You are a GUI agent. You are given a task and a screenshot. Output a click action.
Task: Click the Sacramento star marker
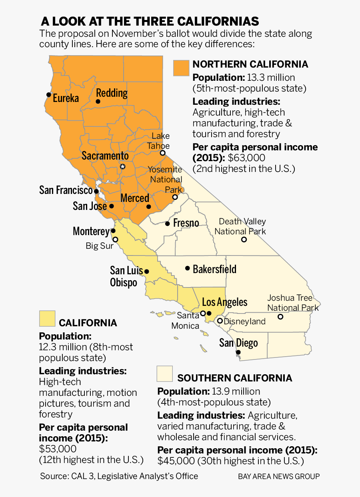pos(123,166)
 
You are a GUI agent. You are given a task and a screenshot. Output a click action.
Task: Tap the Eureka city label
pos(66,98)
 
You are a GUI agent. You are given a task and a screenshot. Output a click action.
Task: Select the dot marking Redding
pos(98,102)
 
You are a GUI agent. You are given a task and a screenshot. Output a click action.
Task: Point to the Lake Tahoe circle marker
pos(162,153)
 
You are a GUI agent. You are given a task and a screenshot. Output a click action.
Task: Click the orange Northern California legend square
pos(181,68)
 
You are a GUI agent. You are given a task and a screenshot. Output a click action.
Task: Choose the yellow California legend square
pos(47,319)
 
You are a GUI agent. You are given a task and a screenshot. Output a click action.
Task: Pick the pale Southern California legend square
pos(165,373)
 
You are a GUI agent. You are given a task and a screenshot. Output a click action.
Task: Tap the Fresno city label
pos(186,223)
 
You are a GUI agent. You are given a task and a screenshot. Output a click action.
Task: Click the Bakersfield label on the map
pos(214,269)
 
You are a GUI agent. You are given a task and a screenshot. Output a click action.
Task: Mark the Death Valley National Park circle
pos(244,240)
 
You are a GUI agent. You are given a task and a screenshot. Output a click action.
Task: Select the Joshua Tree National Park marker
pos(280,317)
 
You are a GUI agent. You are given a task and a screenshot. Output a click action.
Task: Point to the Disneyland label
pos(244,321)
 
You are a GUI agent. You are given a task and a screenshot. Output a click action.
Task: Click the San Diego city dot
pos(238,352)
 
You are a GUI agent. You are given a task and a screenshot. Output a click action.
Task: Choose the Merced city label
pos(135,198)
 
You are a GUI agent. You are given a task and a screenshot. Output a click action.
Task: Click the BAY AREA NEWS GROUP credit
pos(279,477)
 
